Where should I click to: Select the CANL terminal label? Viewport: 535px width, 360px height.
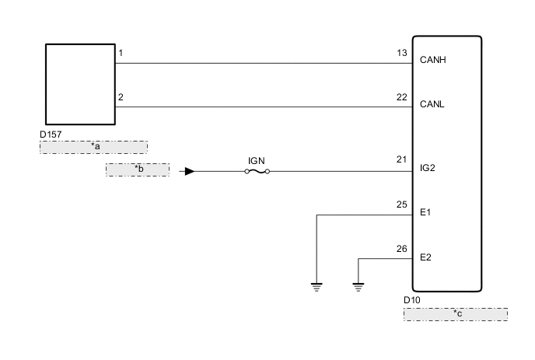pyautogui.click(x=433, y=103)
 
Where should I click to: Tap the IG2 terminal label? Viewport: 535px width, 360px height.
pyautogui.click(x=428, y=166)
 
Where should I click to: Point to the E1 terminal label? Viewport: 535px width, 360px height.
pyautogui.click(x=425, y=211)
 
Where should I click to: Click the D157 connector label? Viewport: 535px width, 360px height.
pyautogui.click(x=51, y=134)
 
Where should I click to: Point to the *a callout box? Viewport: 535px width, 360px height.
pyautogui.click(x=93, y=147)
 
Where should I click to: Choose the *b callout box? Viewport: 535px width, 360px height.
pyautogui.click(x=138, y=170)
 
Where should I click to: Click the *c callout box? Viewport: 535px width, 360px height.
pyautogui.click(x=455, y=313)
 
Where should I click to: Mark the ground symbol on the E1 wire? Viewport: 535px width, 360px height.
pyautogui.click(x=316, y=286)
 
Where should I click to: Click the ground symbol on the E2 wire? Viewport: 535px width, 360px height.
pyautogui.click(x=358, y=286)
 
